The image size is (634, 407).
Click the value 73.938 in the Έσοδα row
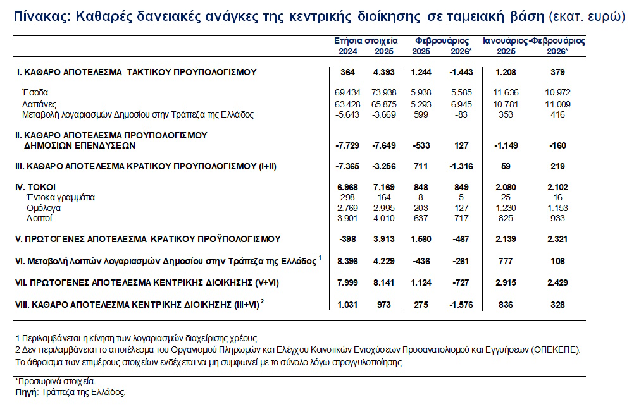[385, 92]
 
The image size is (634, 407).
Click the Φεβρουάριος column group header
[441, 40]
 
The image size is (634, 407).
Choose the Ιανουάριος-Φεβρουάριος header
[534, 40]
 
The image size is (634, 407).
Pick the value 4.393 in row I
[385, 72]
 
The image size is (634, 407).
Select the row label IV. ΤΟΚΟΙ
[36, 187]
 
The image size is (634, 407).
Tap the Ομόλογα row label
[44, 207]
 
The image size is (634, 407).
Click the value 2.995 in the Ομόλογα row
[385, 207]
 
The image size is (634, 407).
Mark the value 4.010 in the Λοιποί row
[385, 218]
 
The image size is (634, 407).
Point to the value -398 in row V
[347, 239]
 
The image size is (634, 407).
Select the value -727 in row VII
[460, 282]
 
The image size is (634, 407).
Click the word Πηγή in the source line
[25, 392]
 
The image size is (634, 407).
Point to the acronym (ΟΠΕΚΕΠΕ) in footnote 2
[556, 349]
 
